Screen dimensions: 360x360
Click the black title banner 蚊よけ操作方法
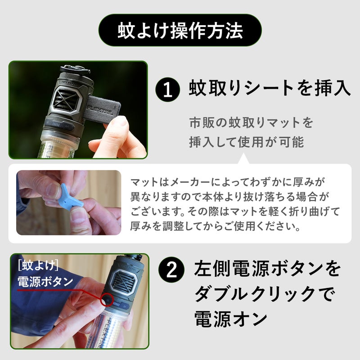point(180,30)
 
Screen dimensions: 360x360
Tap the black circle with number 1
point(167,90)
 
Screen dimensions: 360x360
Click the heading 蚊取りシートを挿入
point(270,88)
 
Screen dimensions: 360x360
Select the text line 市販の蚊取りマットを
point(251,122)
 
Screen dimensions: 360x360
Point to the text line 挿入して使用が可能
point(247,142)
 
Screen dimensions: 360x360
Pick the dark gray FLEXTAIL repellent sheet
point(103,110)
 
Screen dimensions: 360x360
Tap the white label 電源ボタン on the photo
point(45,282)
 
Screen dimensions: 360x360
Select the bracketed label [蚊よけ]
point(38,266)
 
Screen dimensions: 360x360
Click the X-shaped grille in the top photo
point(67,100)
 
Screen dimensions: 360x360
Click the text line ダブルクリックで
point(264,294)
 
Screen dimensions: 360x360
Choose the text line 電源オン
point(231,319)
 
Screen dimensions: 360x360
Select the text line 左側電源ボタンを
point(267,268)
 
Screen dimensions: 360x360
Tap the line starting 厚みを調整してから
point(216,226)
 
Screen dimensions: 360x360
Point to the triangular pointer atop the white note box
point(244,159)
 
